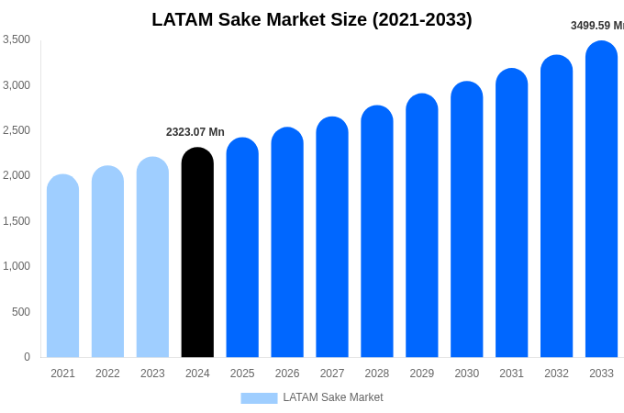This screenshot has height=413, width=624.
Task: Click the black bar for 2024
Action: pos(197,252)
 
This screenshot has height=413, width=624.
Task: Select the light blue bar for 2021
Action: pos(62,266)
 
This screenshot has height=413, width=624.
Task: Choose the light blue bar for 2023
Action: pos(152,257)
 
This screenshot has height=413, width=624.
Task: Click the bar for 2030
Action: pos(466,219)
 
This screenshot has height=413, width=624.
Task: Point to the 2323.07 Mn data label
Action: pos(195,132)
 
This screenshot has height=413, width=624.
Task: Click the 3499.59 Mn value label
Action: pos(596,26)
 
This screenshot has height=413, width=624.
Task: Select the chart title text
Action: pos(312,19)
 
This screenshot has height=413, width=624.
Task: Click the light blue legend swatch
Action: pos(259,398)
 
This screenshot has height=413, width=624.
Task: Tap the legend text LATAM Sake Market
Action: pos(333,397)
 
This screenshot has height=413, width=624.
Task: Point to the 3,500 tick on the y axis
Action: pos(17,39)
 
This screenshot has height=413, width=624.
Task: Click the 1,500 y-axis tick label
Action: pos(17,221)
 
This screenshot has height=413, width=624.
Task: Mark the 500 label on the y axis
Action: pos(20,312)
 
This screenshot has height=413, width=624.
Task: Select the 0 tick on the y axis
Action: pos(27,357)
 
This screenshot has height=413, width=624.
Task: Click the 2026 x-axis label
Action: pos(287,374)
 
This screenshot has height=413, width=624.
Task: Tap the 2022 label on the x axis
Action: pos(107,374)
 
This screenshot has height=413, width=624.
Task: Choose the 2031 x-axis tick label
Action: pos(511,374)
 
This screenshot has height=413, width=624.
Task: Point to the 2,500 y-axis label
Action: pos(17,130)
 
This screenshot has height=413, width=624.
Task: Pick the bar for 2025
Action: pos(242,248)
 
